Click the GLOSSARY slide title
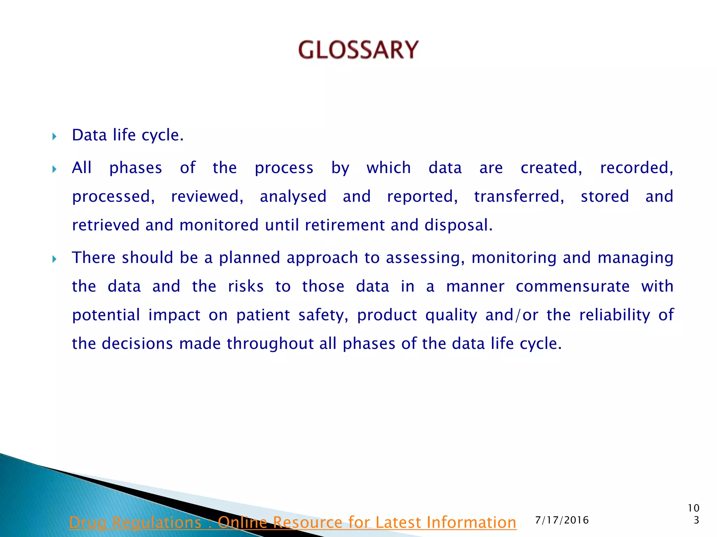(358, 50)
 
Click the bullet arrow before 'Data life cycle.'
(54, 136)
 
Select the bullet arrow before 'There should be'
(54, 259)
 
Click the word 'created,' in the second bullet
(551, 168)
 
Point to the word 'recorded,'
(636, 168)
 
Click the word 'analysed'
(293, 196)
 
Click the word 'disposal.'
(459, 225)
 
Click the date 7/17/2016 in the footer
(562, 520)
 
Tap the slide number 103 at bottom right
(694, 514)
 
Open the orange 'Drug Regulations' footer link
(292, 522)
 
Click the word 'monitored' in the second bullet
(219, 225)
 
